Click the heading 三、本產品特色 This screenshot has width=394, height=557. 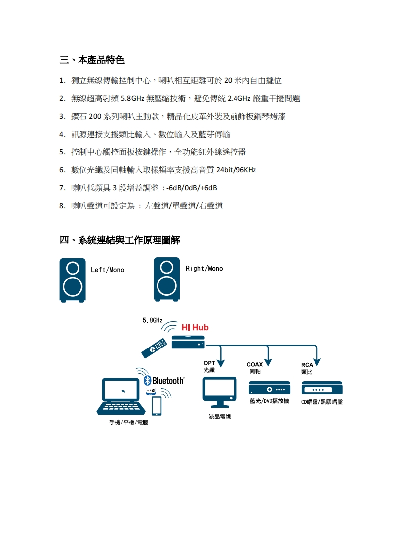(x=92, y=60)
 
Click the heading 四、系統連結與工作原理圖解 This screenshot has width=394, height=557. (x=120, y=240)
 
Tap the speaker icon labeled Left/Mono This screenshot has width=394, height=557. (x=73, y=280)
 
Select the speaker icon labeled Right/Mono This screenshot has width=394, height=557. (x=167, y=279)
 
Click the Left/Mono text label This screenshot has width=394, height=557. (x=107, y=270)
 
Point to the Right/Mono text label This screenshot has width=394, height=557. (x=204, y=269)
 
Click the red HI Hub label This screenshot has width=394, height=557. (x=195, y=328)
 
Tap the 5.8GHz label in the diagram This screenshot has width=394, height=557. (x=152, y=320)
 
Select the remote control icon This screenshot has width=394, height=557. (x=154, y=348)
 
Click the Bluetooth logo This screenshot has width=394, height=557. (x=164, y=381)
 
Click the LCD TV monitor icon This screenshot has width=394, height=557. (x=219, y=390)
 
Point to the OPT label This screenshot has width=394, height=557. (x=209, y=364)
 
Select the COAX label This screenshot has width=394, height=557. (x=255, y=365)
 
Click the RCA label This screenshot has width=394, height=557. (x=307, y=365)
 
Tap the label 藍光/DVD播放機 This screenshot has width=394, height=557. (x=269, y=401)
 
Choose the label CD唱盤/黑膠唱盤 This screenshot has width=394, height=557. (x=322, y=402)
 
